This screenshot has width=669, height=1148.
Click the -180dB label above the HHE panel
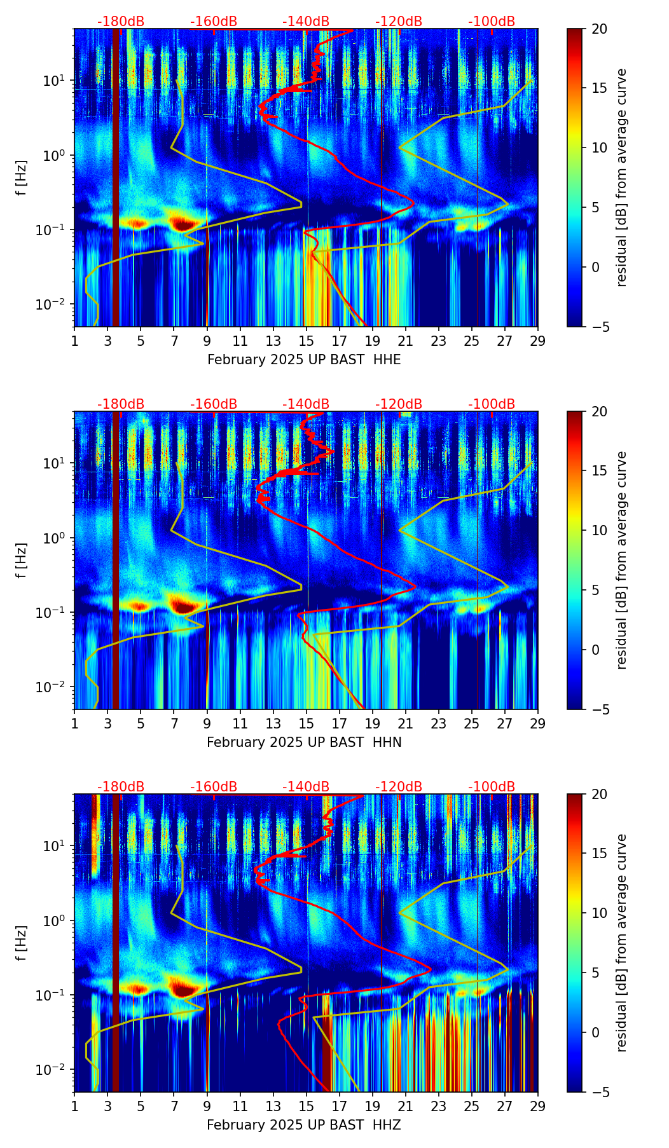[121, 22]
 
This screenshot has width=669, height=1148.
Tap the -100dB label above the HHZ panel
[492, 787]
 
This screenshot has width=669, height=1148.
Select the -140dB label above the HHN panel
[306, 404]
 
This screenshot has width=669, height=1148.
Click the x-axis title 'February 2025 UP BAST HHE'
[304, 360]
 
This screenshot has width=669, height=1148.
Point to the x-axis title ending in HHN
[304, 742]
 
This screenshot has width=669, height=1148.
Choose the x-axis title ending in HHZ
[304, 1125]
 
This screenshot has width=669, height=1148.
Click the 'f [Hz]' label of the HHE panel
[22, 178]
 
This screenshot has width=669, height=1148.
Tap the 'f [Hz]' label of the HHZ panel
[22, 943]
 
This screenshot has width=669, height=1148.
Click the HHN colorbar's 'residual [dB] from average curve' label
[622, 560]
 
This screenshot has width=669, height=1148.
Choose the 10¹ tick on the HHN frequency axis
[55, 463]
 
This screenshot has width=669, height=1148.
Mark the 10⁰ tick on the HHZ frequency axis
[55, 920]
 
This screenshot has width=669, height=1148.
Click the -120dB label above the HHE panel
[399, 22]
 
